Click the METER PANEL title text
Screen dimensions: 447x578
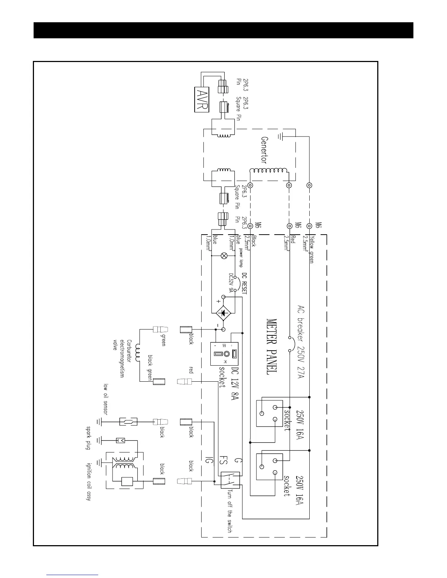[x=271, y=347]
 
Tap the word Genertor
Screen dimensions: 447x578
[x=264, y=150]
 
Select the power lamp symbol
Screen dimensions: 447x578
[x=224, y=256]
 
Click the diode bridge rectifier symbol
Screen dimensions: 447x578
[x=223, y=313]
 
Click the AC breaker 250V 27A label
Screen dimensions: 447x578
[x=301, y=342]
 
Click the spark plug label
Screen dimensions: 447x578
[x=88, y=438]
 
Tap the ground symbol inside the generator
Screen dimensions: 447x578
[x=280, y=137]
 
